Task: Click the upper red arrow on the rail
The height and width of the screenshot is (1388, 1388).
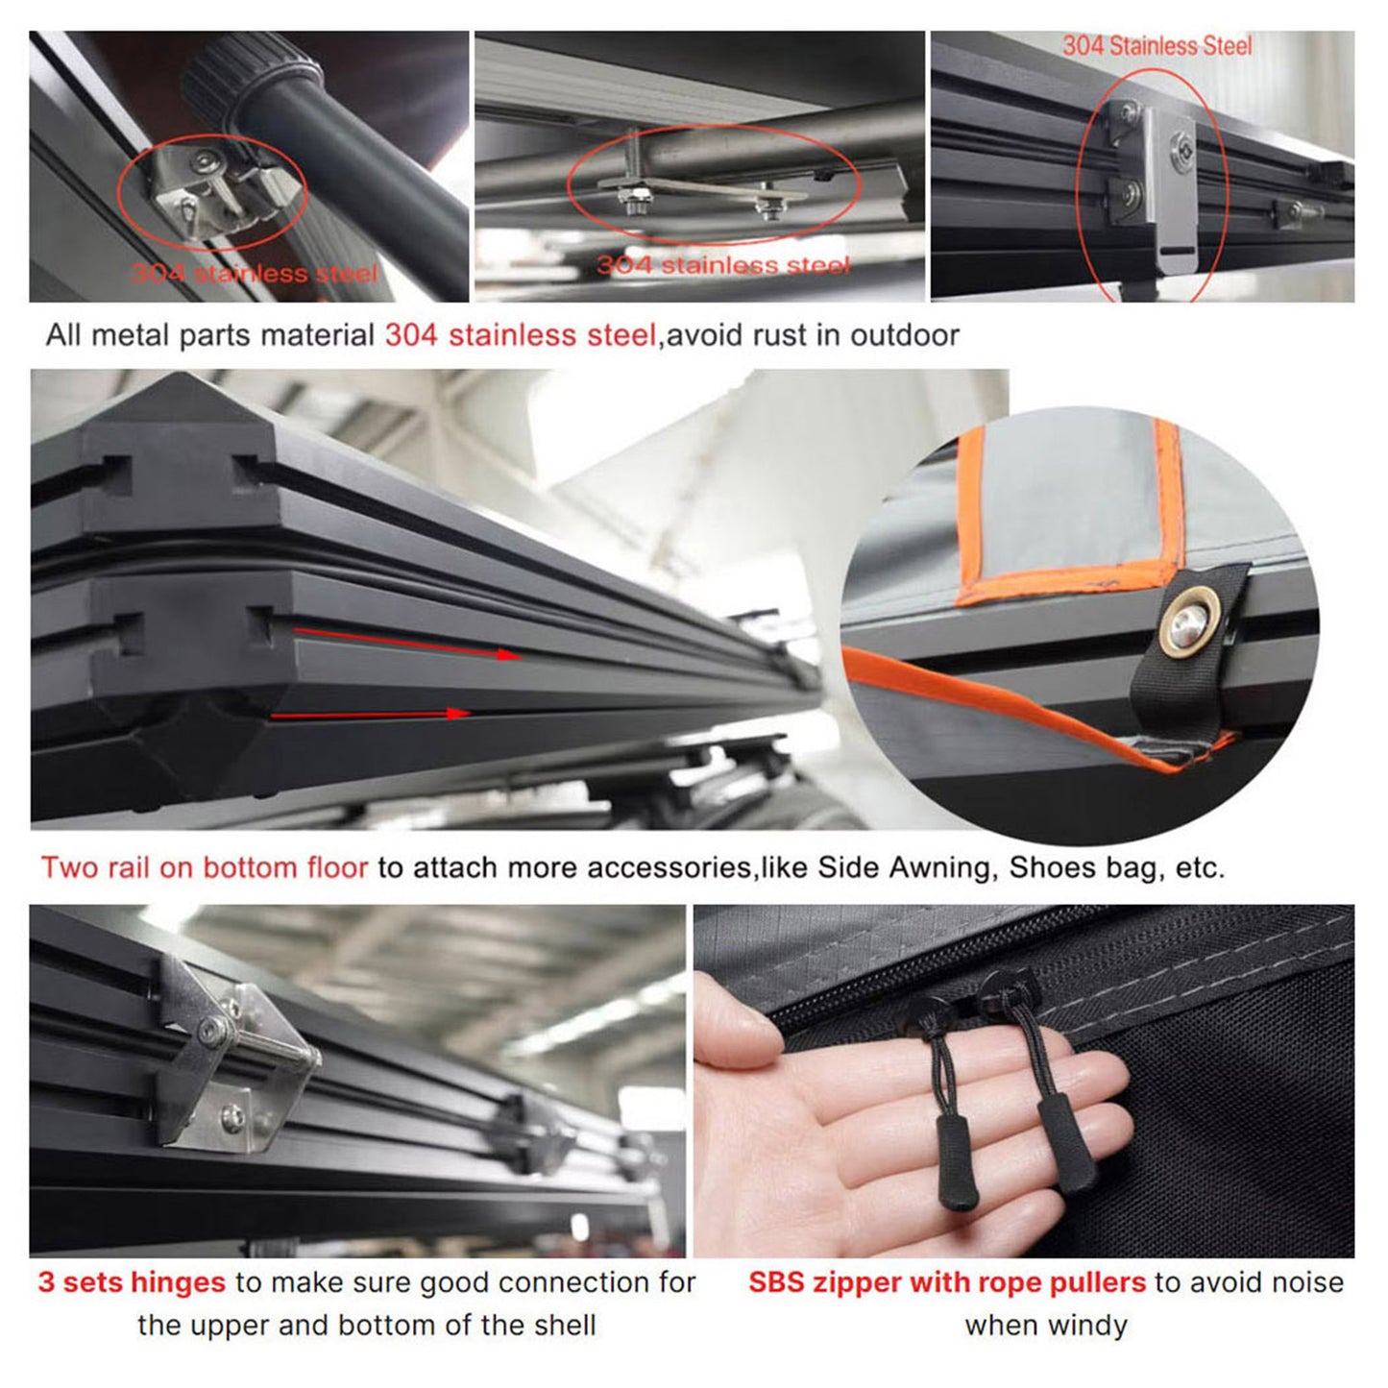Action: click(x=407, y=644)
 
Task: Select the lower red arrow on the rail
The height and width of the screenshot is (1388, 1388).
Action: click(x=372, y=714)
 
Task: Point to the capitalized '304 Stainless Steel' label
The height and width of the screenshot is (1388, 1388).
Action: click(x=1157, y=46)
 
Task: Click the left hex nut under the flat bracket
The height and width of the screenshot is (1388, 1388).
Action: click(x=634, y=200)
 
